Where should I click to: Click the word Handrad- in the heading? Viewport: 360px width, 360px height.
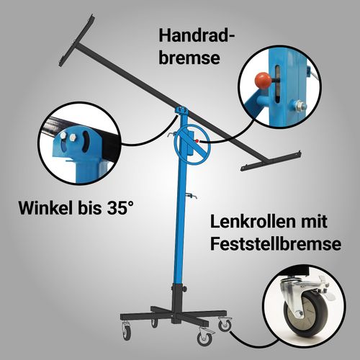click(197, 36)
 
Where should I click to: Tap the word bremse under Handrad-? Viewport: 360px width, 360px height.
click(189, 58)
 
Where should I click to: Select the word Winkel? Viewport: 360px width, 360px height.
click(45, 208)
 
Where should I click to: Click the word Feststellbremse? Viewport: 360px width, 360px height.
click(276, 243)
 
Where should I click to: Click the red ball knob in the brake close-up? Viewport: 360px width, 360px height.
click(264, 81)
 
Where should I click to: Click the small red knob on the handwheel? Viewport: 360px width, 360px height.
click(197, 141)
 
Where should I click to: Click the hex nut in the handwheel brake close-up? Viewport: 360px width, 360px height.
click(299, 105)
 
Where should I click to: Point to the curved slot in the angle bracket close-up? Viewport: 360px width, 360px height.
click(85, 142)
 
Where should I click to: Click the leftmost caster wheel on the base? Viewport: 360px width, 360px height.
click(127, 333)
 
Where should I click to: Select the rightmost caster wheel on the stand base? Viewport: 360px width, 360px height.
click(225, 325)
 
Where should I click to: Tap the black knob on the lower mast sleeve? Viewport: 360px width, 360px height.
click(184, 289)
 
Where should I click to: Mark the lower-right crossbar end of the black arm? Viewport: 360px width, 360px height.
click(271, 161)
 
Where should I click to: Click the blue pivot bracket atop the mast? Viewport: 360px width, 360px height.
click(181, 111)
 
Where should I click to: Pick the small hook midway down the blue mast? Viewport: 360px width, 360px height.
click(192, 196)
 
